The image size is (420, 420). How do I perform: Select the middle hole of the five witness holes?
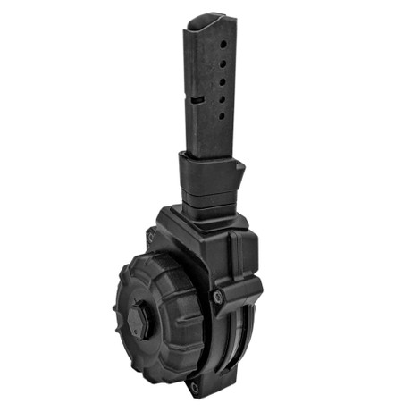tap(219, 79)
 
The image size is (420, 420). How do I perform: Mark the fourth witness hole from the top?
tap(220, 91)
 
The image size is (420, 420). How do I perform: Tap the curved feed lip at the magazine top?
tap(207, 20)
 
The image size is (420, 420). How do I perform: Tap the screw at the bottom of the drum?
tap(195, 386)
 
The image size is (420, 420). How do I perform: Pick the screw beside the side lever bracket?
tap(214, 295)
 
